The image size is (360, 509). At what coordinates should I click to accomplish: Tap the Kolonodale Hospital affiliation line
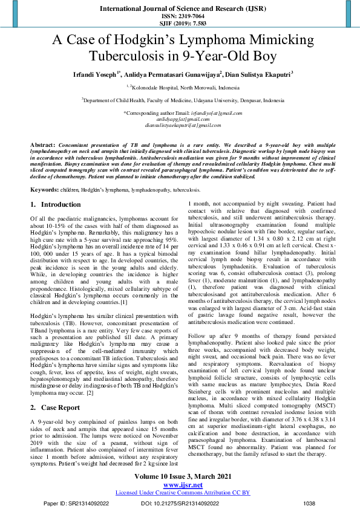point(180,87)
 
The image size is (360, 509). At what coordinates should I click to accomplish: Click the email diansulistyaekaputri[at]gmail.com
point(180,125)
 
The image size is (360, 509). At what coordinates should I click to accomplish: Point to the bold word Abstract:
point(43,146)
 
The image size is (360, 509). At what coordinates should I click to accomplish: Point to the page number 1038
point(309,503)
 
